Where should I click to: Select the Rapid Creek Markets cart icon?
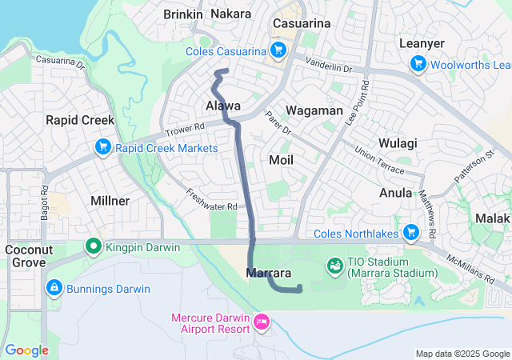(103, 148)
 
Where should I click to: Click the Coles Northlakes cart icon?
(411, 233)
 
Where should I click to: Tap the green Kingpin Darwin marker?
(94, 247)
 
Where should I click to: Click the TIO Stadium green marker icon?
(335, 265)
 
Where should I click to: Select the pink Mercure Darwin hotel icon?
(261, 322)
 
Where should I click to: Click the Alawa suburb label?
(223, 106)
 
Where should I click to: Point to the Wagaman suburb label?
(314, 111)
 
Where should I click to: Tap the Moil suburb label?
(281, 160)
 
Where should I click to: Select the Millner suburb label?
(111, 201)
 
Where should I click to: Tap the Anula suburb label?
(396, 193)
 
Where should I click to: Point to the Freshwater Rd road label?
(212, 200)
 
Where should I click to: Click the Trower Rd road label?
(186, 129)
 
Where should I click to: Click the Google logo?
(27, 350)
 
